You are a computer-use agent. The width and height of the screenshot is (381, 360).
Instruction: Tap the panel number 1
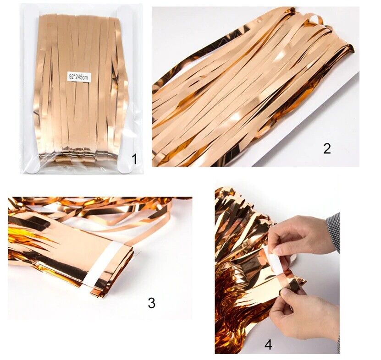134,159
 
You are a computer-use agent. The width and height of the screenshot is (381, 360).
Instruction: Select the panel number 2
327,148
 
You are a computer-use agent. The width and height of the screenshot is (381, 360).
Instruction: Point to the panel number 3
151,303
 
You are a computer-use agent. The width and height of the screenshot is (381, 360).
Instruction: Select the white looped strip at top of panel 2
315,19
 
